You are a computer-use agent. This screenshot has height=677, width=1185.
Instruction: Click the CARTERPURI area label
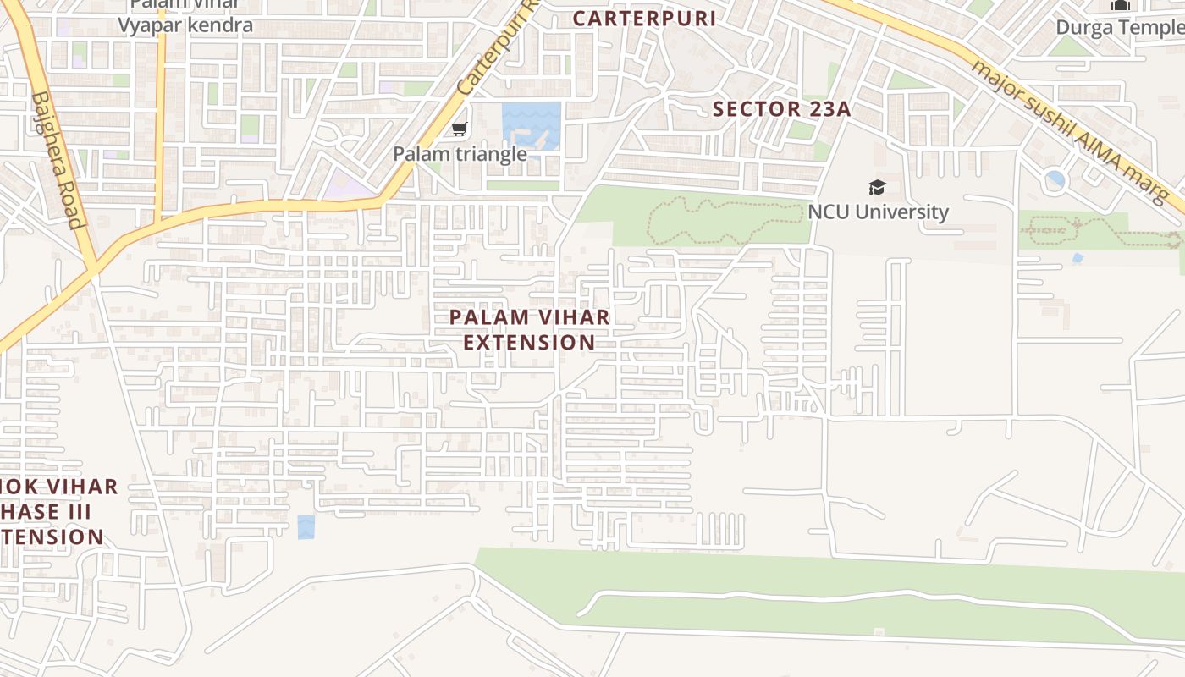[x=644, y=18]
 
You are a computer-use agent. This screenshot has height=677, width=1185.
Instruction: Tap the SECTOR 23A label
[x=781, y=109]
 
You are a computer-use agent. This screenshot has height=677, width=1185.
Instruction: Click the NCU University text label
[x=878, y=212]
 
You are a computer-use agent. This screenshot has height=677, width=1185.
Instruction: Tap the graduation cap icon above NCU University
[x=877, y=187]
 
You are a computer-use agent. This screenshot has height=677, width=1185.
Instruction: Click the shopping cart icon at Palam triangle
[x=459, y=129]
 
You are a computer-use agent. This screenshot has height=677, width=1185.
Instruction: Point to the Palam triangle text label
[x=460, y=154]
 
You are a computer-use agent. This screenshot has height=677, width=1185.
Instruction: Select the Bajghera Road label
[x=58, y=161]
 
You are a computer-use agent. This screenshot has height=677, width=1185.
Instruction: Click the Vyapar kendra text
[x=185, y=25]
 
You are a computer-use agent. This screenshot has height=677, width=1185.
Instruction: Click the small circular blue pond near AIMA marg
[x=1055, y=180]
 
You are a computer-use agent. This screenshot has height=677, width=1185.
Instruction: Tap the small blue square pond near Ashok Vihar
[x=306, y=526]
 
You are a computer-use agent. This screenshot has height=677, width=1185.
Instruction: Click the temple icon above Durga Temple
[x=1120, y=5]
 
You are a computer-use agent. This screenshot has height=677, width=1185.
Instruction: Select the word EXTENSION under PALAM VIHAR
[x=530, y=343]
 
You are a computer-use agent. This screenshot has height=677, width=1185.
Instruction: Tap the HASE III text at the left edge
[x=46, y=512]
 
